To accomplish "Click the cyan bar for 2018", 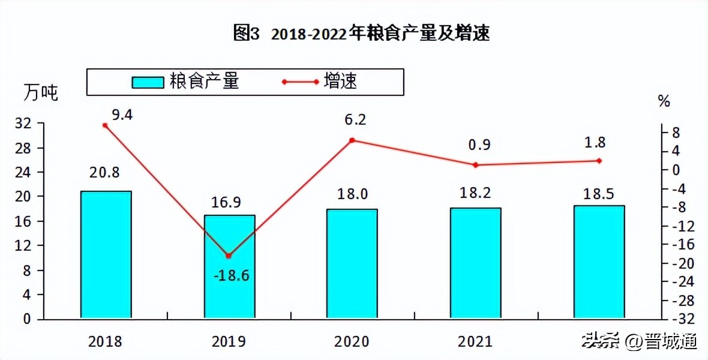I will pos(106,254).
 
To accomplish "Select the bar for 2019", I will pos(229,266).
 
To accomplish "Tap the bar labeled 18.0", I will pos(352,263).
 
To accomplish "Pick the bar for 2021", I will pos(475,263).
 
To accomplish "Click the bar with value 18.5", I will pos(599,262).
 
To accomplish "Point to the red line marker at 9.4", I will pos(105,125).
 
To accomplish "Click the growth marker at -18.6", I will pos(228,256).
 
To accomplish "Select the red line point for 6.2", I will pos(352,140).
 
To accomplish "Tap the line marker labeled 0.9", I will pos(475,165).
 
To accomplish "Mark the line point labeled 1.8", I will pos(599,161).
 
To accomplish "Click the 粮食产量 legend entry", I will pos(186,82).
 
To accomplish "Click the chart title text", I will pos(361,34).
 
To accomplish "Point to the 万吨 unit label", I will pos(41,94).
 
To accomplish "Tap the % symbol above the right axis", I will pos(664,101).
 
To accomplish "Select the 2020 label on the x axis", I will pos(352,341).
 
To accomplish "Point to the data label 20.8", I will pos(105,173).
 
